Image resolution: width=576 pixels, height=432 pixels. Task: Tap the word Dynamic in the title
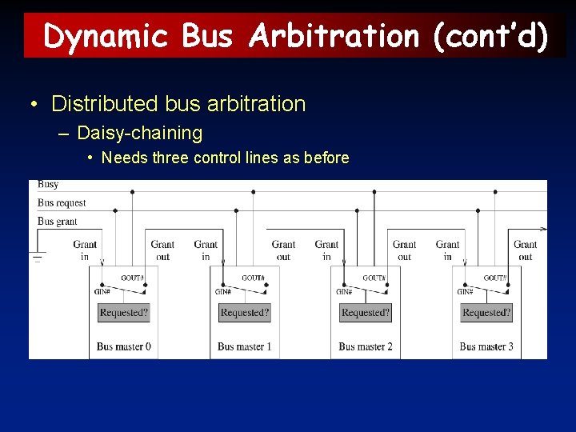coord(106,37)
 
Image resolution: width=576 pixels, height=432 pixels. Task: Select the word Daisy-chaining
coord(139,133)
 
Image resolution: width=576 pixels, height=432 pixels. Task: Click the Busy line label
coord(48,185)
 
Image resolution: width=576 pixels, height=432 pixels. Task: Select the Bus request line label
coord(62,203)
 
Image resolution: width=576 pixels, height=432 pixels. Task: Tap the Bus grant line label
coord(58,221)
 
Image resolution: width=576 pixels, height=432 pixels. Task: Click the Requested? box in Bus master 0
coord(123,312)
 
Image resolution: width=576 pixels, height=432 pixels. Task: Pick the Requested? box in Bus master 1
coord(245,312)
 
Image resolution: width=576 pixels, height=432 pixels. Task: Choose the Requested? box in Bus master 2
coord(366,312)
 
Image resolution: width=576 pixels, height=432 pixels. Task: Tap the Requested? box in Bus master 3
coord(486,312)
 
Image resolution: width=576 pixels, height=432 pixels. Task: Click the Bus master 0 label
coord(124,346)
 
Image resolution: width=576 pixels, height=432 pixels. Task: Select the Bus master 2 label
coord(366,346)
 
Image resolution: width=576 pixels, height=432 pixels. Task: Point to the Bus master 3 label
coord(486,346)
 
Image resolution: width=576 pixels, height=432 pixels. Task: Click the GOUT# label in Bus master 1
coord(254,278)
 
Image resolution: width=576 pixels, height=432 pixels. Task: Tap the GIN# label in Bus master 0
coord(102,292)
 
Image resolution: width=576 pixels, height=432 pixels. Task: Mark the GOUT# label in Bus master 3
coord(495,278)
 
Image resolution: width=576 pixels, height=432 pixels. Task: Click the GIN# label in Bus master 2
coord(344,292)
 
